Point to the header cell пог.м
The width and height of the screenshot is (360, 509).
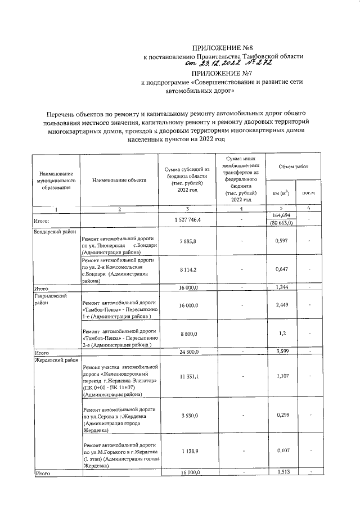(308, 193)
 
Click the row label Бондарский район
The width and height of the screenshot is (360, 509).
(55, 232)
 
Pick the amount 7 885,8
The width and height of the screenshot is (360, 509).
(187, 241)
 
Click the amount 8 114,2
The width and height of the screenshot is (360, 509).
(187, 269)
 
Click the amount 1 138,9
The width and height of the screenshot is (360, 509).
(187, 452)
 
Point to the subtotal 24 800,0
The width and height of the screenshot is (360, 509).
(187, 352)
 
